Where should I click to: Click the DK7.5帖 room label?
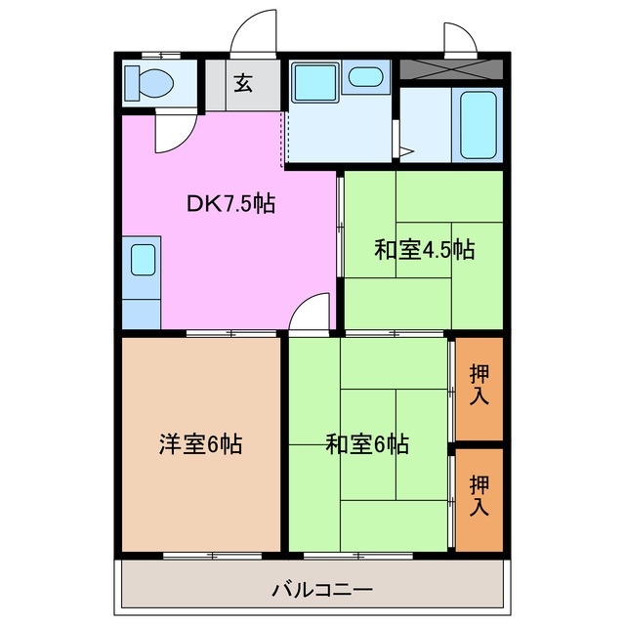[x=230, y=204]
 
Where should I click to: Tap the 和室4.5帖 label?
[x=425, y=250]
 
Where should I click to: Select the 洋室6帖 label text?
[x=200, y=445]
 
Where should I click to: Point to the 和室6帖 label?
[x=367, y=445]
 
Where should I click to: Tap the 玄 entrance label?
[x=242, y=83]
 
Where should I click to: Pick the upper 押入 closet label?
[x=479, y=386]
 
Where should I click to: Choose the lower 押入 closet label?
[x=479, y=496]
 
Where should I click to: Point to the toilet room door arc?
[x=170, y=135]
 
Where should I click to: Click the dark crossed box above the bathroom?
[x=451, y=70]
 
